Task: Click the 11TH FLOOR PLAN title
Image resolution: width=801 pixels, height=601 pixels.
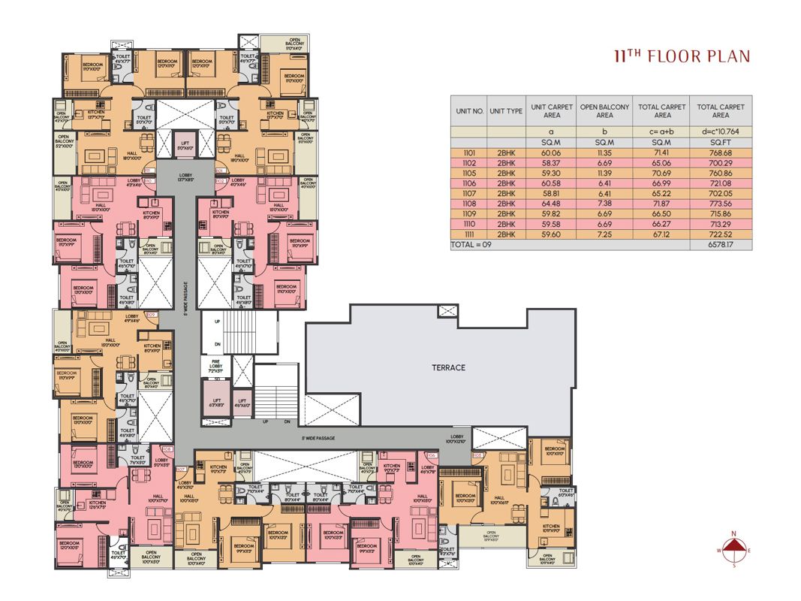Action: coord(681,56)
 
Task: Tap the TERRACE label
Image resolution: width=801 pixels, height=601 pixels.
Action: coord(448,367)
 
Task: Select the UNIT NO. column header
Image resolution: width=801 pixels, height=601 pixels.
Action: coord(468,111)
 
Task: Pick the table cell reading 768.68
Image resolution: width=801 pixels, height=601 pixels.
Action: coord(720,153)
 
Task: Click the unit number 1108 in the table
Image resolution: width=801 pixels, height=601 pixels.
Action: coord(468,203)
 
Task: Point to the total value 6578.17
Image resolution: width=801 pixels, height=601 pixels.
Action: coord(720,245)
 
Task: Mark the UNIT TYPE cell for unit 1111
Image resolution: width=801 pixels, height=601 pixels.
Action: coord(504,234)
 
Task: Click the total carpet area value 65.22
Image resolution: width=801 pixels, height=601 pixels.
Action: coord(661,193)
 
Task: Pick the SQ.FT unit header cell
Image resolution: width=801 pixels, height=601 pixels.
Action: coord(720,142)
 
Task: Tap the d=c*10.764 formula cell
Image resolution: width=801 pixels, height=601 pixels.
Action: coord(720,131)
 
